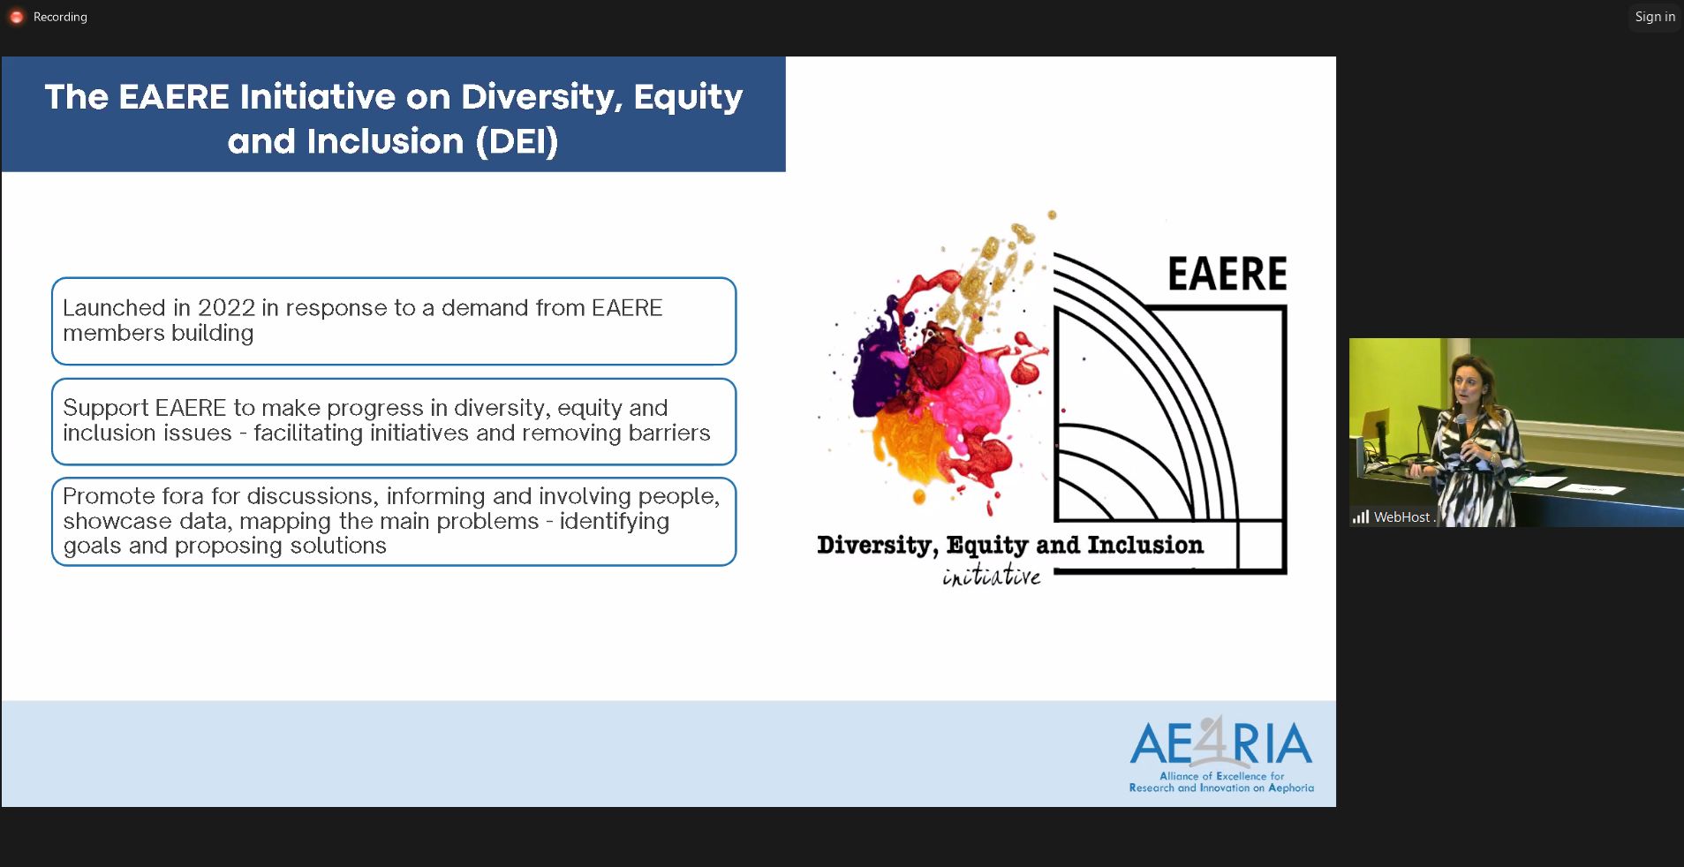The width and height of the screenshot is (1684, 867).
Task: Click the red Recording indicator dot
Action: [16, 17]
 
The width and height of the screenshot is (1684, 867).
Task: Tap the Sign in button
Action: [1655, 17]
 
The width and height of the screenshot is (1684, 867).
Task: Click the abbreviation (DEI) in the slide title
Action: [517, 141]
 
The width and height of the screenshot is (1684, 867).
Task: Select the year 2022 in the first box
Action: [226, 307]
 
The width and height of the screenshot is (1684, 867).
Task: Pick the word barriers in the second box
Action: [668, 433]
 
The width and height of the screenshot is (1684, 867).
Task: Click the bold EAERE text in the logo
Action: [1227, 274]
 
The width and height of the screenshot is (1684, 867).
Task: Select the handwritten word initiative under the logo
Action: [992, 576]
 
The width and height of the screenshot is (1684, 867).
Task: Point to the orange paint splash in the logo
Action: [914, 446]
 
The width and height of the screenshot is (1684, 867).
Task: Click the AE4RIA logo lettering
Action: [1221, 743]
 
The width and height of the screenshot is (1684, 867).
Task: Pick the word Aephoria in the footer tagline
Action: [1291, 788]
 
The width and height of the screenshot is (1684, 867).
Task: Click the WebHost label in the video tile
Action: [1401, 517]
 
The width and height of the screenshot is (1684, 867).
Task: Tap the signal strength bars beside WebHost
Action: [1361, 517]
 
